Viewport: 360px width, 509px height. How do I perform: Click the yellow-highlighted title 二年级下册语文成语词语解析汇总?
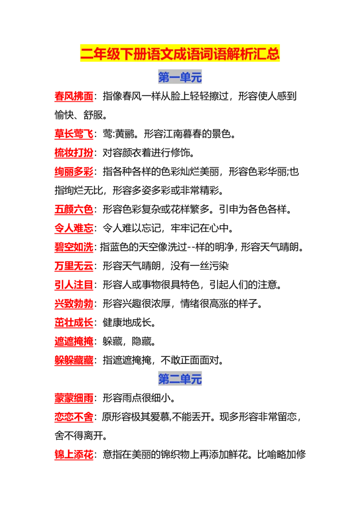click(x=180, y=54)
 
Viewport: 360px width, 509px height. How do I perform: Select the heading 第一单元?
click(x=180, y=77)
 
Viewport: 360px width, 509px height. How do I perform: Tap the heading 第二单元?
click(x=180, y=379)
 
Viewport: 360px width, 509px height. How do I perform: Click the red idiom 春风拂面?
click(x=74, y=96)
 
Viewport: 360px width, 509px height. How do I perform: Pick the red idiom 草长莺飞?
click(x=74, y=134)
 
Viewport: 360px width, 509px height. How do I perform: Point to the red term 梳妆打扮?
click(x=74, y=152)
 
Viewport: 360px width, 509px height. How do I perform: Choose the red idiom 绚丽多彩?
click(x=74, y=171)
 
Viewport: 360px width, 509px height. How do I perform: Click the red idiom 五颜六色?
click(x=74, y=210)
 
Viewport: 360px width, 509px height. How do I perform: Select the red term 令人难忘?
click(x=74, y=228)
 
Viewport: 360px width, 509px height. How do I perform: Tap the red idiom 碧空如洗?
click(x=74, y=247)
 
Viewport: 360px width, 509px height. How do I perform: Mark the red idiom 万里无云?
click(x=74, y=266)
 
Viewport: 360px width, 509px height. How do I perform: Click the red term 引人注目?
click(x=74, y=285)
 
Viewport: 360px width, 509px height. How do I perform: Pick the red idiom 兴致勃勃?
click(x=74, y=304)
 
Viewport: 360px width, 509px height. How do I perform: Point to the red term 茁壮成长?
click(x=74, y=322)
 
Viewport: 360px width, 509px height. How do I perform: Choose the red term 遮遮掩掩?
click(x=74, y=341)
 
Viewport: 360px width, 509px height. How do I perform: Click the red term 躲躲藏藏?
click(x=74, y=360)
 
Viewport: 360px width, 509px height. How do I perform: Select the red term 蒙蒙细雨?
click(x=74, y=398)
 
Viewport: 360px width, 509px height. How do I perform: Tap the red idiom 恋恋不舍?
click(x=74, y=417)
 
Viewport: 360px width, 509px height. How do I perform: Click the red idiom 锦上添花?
click(x=74, y=455)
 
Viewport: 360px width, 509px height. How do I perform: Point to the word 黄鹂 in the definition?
click(x=125, y=134)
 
